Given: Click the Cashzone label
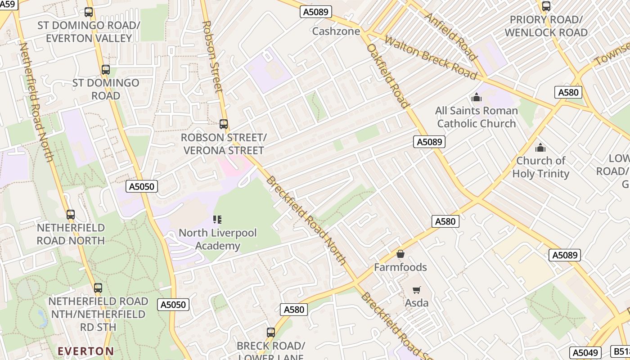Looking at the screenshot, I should (x=336, y=31).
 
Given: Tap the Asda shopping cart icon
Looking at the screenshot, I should (x=417, y=290).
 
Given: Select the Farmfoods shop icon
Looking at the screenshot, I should (x=400, y=254).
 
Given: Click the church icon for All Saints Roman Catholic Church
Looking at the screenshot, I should (x=476, y=97).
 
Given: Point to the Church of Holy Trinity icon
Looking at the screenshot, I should (x=540, y=148).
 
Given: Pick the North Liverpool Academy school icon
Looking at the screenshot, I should (x=217, y=220).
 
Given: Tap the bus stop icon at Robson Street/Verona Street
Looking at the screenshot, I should (x=224, y=124).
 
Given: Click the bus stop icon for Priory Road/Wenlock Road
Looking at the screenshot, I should (x=546, y=6).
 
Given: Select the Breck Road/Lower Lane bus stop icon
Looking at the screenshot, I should (x=270, y=333).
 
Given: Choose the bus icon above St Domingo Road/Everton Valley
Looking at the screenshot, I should (x=89, y=12).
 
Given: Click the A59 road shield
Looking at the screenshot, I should (x=8, y=4).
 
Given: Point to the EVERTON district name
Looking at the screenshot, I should (x=85, y=351).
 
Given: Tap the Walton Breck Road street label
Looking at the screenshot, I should (x=431, y=58).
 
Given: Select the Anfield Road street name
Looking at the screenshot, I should (x=450, y=36).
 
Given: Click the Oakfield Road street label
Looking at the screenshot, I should (x=388, y=76).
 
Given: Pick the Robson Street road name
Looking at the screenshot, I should (x=213, y=56).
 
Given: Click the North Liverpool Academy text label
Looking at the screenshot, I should (x=218, y=239).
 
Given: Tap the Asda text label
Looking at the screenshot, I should (x=417, y=303).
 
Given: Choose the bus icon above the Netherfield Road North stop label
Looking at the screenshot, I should (x=71, y=215).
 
